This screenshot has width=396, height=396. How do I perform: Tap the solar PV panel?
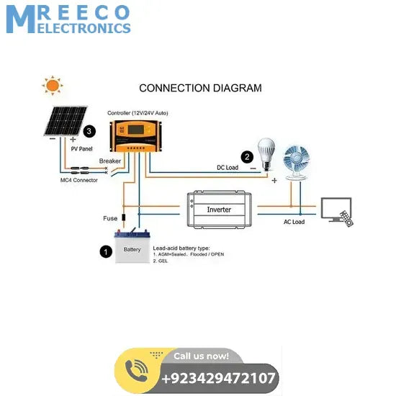click(63, 121)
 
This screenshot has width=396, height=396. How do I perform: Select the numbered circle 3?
click(89, 132)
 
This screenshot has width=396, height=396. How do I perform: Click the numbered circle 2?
click(247, 156)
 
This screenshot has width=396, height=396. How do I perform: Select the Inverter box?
click(219, 210)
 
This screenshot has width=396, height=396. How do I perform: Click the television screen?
click(336, 208)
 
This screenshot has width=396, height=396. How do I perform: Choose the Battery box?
click(132, 248)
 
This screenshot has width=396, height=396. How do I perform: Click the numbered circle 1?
click(106, 251)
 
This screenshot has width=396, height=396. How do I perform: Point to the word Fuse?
click(110, 217)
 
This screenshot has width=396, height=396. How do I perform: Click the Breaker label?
click(110, 161)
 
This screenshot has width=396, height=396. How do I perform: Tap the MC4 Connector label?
click(79, 180)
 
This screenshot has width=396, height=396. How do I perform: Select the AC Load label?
click(294, 222)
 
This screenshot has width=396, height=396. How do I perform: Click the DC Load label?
click(228, 168)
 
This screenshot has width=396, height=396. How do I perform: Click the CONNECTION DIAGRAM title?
click(200, 89)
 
